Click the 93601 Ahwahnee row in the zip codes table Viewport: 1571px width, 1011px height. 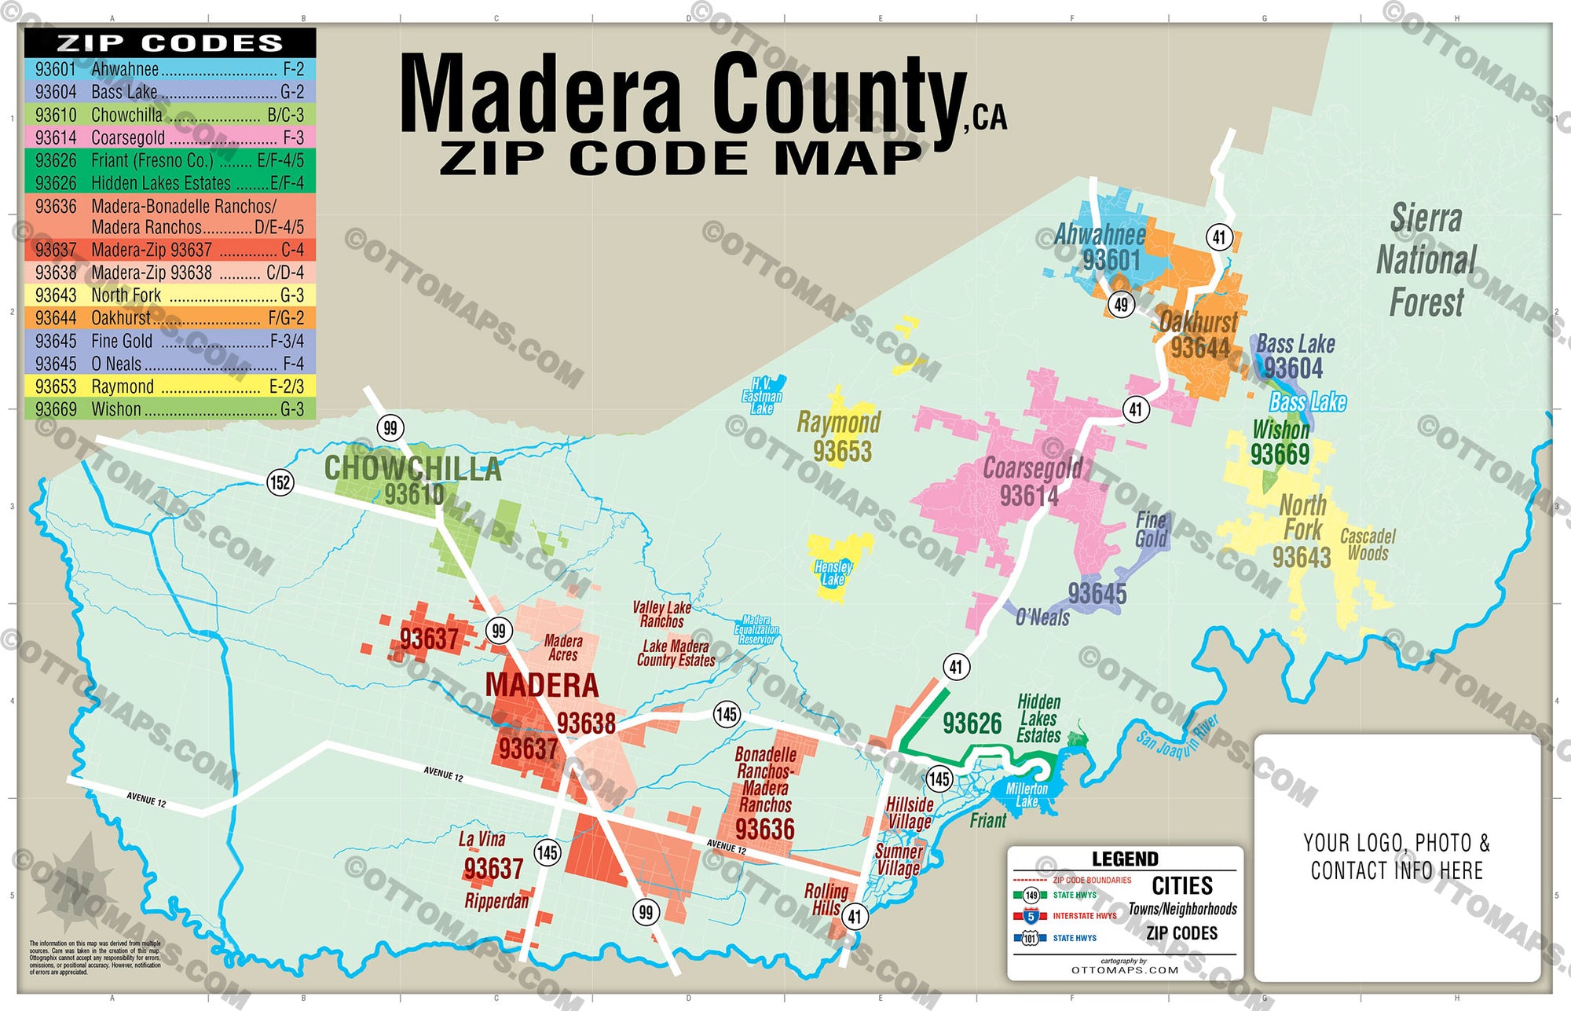[x=170, y=69]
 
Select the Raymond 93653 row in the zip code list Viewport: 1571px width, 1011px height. [x=170, y=386]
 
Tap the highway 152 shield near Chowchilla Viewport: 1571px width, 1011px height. [x=280, y=482]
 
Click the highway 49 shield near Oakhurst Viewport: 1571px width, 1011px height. [x=1121, y=304]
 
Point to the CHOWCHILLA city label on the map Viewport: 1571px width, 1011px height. [x=412, y=469]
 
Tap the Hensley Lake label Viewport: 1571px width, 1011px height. [x=833, y=573]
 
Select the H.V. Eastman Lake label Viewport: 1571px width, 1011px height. [x=762, y=396]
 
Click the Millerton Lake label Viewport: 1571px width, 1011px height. [x=1027, y=794]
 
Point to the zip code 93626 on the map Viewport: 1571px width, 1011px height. [x=972, y=723]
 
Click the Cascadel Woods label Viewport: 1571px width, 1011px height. [x=1368, y=544]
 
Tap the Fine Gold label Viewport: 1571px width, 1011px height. [x=1151, y=529]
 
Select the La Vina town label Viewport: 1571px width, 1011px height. [x=482, y=839]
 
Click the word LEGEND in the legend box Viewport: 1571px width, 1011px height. [x=1125, y=859]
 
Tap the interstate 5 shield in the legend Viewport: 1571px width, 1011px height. [x=1031, y=916]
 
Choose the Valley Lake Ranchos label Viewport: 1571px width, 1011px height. [x=661, y=614]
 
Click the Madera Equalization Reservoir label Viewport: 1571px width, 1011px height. [x=756, y=630]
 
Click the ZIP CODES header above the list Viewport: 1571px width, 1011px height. [x=170, y=42]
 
